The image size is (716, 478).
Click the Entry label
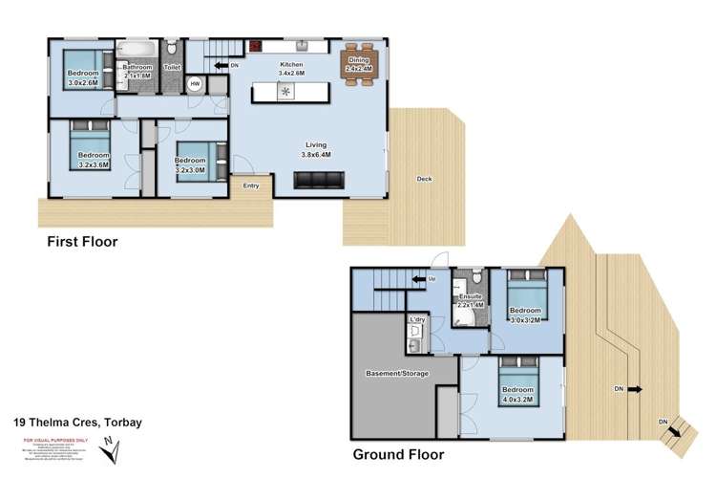[x=252, y=185]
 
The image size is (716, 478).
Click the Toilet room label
[x=172, y=68]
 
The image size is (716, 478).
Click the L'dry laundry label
[x=416, y=319]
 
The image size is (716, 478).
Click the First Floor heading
[x=83, y=242]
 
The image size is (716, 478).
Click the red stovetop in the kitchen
[x=256, y=45]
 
